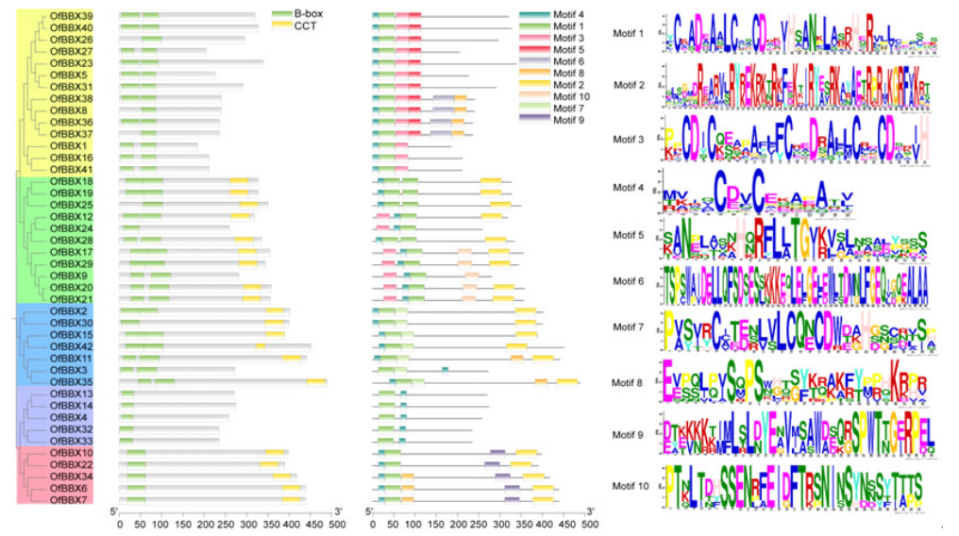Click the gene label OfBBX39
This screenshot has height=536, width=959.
click(72, 16)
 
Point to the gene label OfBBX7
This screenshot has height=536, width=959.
click(72, 499)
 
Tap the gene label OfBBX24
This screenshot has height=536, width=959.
click(72, 228)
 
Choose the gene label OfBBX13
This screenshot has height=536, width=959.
click(72, 394)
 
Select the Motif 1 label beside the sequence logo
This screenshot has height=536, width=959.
click(629, 34)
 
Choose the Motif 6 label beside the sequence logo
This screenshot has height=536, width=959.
click(629, 282)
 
